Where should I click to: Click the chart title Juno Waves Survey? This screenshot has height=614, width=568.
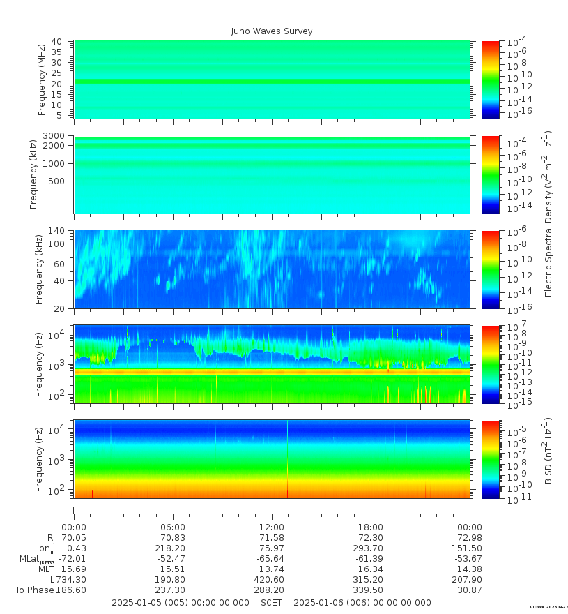[x=272, y=31]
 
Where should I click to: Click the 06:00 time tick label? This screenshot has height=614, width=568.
[x=173, y=527]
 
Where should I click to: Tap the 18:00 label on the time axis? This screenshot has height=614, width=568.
[x=370, y=527]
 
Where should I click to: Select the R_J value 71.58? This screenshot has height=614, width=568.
[x=271, y=538]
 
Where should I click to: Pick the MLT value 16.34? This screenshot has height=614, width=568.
[x=370, y=569]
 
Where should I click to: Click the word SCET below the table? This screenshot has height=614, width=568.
[x=272, y=603]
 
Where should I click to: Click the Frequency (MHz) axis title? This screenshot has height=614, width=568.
[x=42, y=79]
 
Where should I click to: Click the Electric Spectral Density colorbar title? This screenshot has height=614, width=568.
[x=549, y=214]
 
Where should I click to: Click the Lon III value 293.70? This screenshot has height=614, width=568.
[x=370, y=548]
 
